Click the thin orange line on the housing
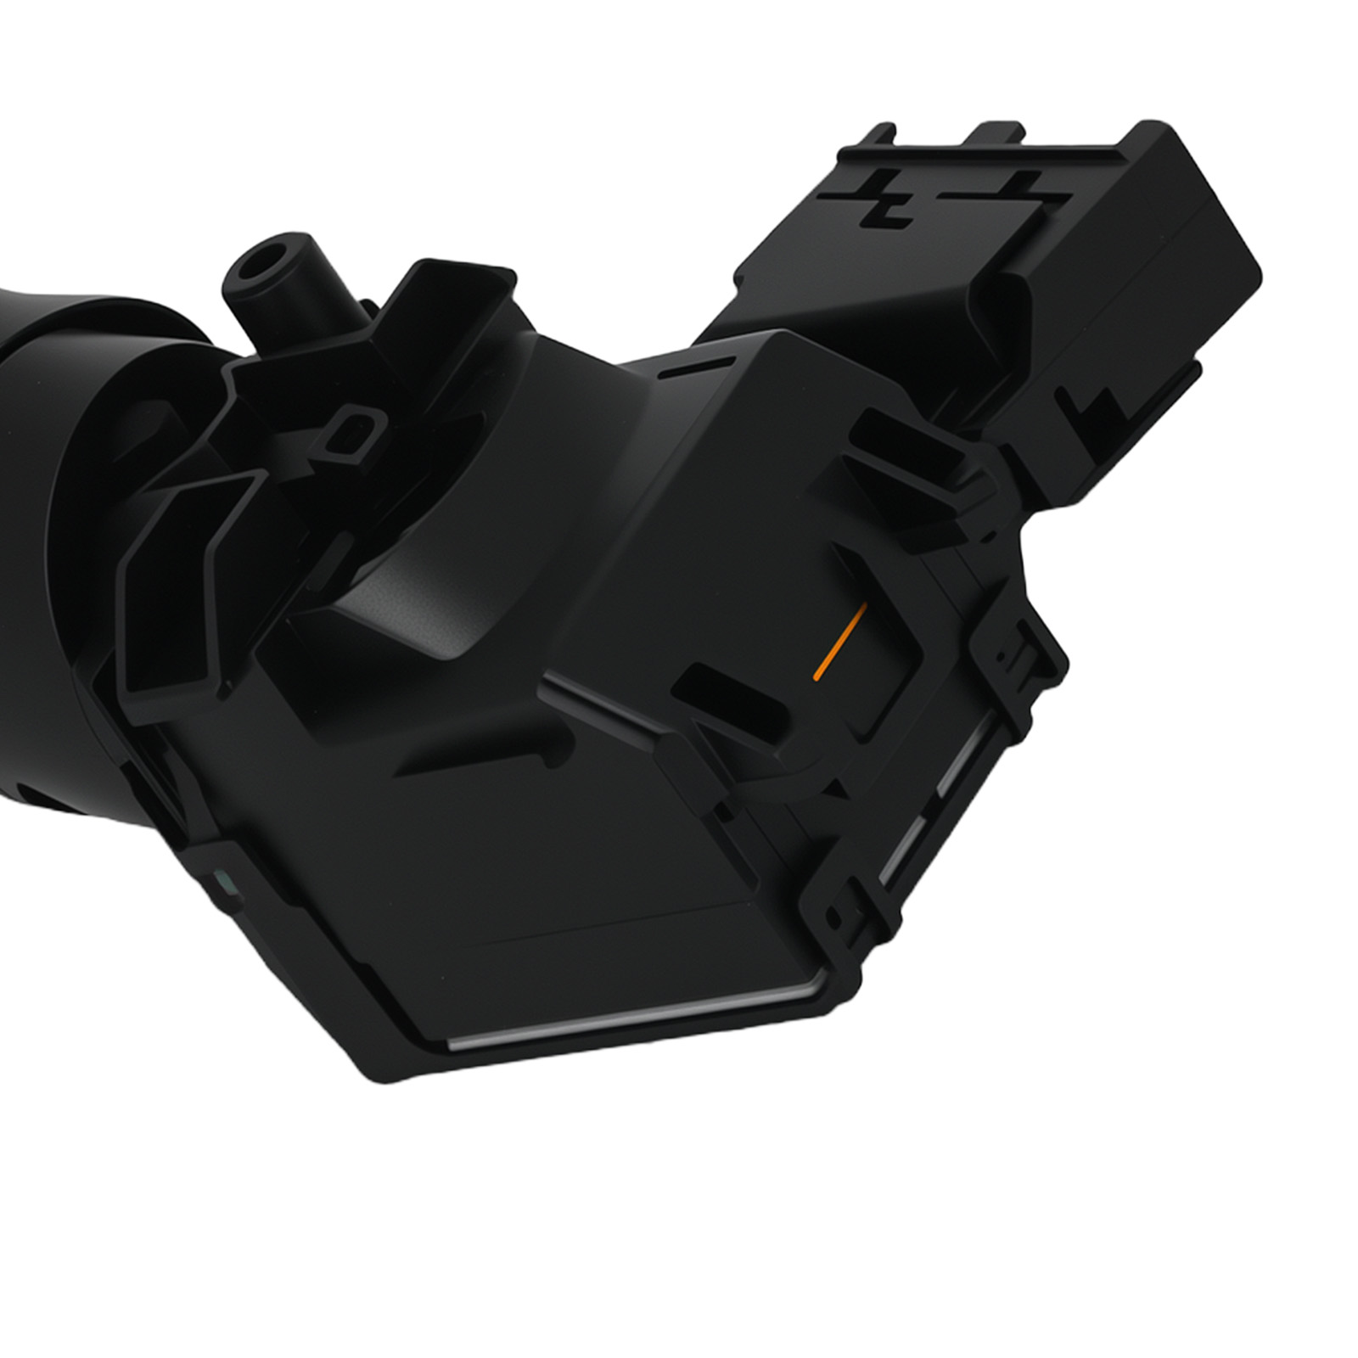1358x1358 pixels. (839, 643)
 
